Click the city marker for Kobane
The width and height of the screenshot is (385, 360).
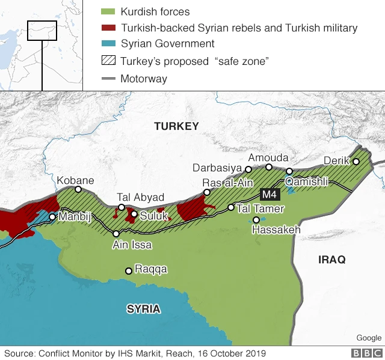(x=78, y=189)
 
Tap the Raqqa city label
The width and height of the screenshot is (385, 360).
(x=151, y=269)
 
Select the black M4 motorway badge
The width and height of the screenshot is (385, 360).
(x=269, y=194)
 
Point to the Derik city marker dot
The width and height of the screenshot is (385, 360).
(x=356, y=161)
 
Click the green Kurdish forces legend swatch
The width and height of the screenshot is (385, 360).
(x=108, y=12)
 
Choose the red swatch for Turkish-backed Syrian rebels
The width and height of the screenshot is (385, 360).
(x=108, y=28)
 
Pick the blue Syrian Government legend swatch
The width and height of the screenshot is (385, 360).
(x=108, y=43)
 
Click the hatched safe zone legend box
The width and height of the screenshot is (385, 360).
(x=108, y=61)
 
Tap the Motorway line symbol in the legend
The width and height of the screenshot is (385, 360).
(x=108, y=79)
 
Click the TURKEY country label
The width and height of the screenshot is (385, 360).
(x=176, y=126)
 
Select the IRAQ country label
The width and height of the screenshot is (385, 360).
(x=333, y=259)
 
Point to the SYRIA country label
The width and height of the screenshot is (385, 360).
(x=143, y=309)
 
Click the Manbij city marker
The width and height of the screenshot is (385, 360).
(x=53, y=217)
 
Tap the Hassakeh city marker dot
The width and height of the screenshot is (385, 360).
(x=256, y=220)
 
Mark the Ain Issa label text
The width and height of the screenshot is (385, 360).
(x=132, y=245)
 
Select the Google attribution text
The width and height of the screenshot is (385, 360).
(x=368, y=338)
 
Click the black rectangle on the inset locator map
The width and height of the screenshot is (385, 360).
(x=42, y=31)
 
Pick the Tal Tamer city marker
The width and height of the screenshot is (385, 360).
(x=231, y=207)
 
